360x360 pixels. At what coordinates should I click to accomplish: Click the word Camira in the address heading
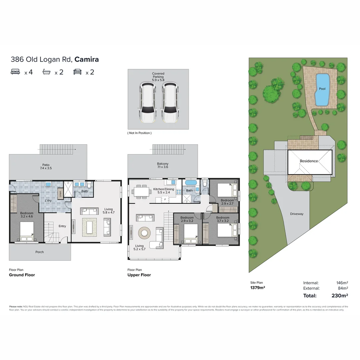[87, 60]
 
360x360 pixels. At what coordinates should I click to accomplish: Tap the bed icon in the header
[15, 72]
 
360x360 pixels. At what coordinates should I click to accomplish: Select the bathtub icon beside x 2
[47, 72]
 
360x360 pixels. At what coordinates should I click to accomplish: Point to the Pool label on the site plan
[322, 89]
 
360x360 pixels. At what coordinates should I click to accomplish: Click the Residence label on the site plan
[309, 161]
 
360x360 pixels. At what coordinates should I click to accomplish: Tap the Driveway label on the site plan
[296, 214]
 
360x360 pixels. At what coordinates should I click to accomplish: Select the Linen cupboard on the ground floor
[60, 194]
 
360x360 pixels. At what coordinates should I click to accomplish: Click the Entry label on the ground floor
[62, 226]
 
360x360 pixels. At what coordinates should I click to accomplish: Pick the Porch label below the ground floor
[40, 252]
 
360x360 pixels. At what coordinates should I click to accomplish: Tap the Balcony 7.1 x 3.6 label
[163, 166]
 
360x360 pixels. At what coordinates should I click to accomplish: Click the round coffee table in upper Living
[145, 232]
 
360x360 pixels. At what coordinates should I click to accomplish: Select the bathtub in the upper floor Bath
[191, 183]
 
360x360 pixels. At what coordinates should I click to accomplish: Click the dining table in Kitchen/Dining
[140, 192]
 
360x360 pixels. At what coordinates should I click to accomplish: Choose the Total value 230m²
[340, 295]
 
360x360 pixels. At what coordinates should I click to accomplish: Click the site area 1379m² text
[258, 287]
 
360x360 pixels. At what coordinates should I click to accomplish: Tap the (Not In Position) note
[139, 133]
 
